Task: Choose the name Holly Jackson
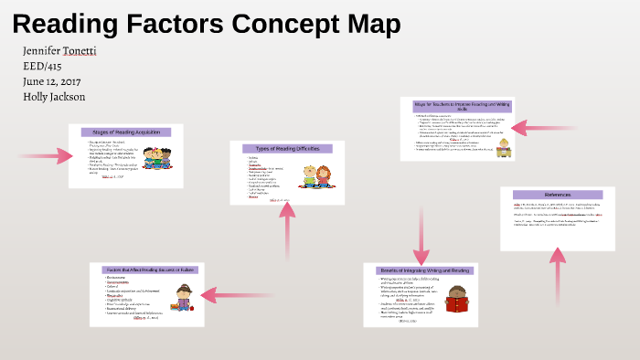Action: point(54,96)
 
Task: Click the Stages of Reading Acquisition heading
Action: point(126,132)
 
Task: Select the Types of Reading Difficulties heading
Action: point(287,148)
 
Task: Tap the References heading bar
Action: point(558,195)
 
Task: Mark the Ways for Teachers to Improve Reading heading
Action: point(456,106)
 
